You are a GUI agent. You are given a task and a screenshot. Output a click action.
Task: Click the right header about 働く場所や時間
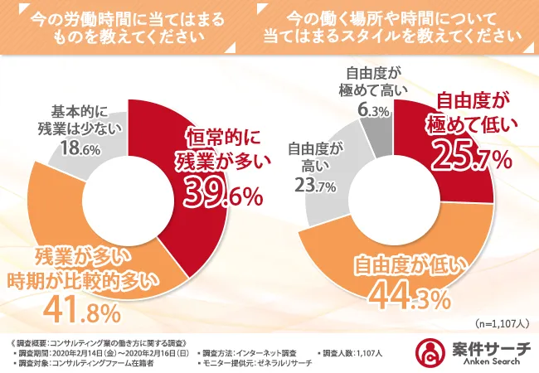click(394, 25)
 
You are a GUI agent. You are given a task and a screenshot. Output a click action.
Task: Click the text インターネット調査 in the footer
click(260, 352)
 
